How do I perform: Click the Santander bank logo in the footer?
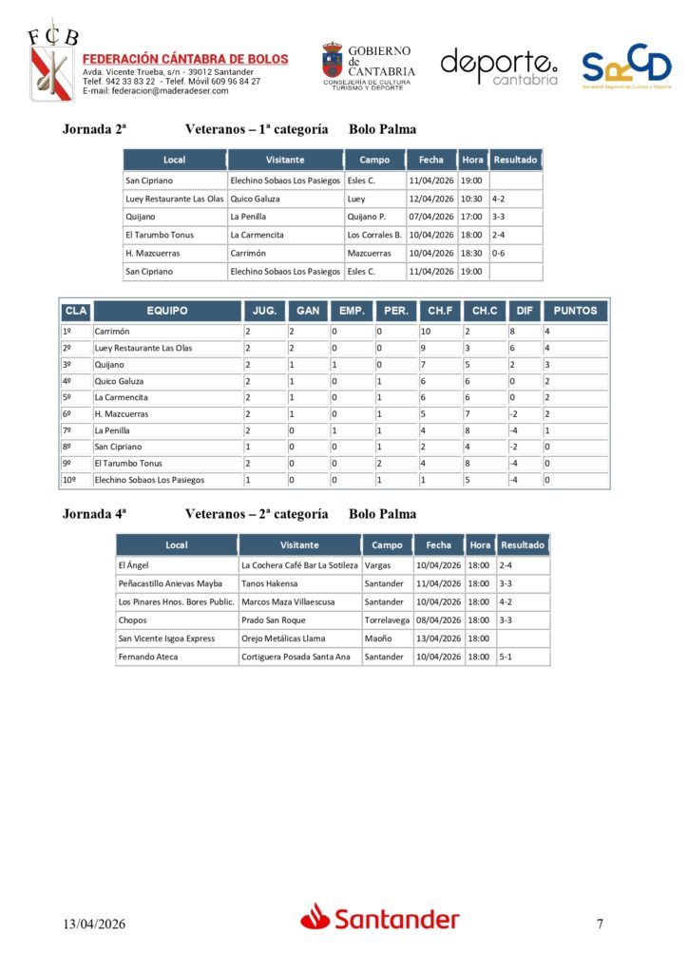coord(380,918)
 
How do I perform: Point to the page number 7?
coord(600,924)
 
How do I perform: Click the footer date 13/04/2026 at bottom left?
coord(94,924)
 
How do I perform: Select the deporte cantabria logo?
coord(499,66)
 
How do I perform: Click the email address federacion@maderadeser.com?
coord(156,91)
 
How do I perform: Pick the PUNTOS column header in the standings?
coord(575,311)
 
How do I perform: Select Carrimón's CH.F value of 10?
coord(427,332)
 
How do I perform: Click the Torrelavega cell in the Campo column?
coord(387,620)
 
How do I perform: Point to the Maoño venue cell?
coord(377,639)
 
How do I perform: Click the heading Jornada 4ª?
coord(94,514)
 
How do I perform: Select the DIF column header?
coord(524,311)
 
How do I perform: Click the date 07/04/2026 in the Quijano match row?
coord(430,217)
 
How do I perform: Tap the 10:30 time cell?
coord(471,199)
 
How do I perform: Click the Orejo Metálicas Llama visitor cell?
coord(284,639)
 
